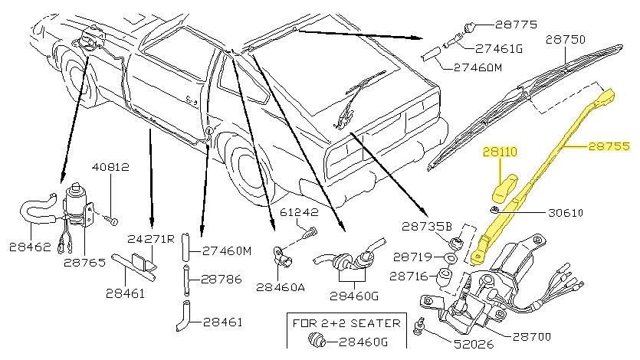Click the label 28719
[x=415, y=256]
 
